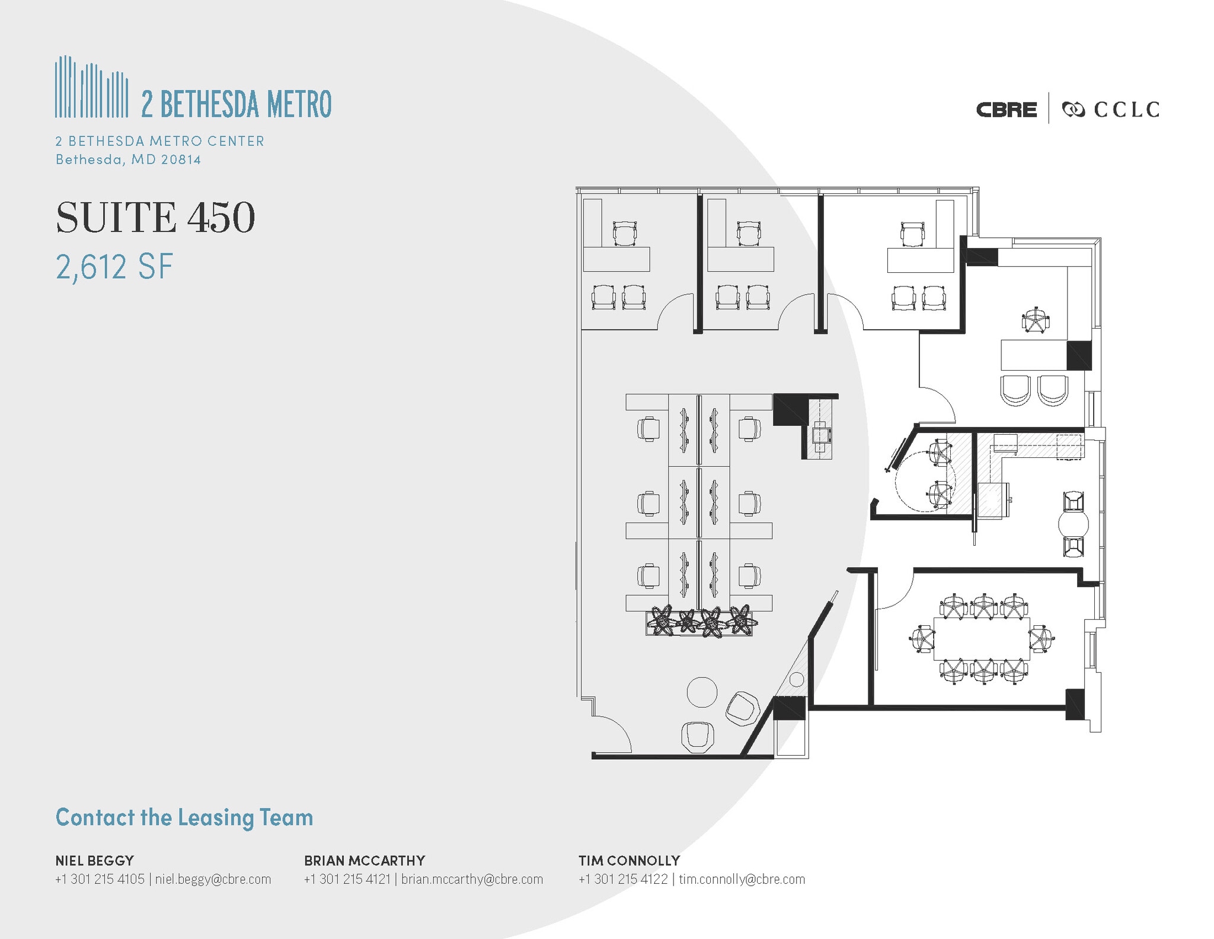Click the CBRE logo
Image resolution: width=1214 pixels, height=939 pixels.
tap(1006, 110)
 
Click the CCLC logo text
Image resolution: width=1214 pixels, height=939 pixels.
tap(1126, 110)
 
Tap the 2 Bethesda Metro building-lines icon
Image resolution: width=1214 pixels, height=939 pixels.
tap(91, 87)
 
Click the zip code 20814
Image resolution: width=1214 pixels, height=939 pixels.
tap(181, 160)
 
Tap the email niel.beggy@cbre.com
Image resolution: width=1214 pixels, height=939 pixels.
tap(213, 879)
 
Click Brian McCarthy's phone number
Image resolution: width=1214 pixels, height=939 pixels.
tap(347, 879)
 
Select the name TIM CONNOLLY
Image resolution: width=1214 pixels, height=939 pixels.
tap(629, 860)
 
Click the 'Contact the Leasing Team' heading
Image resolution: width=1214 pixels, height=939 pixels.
tap(184, 817)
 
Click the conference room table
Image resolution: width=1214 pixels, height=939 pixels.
tap(982, 639)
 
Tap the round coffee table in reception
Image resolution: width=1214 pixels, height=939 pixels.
tap(702, 692)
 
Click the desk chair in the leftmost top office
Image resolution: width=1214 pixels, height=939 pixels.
tap(624, 233)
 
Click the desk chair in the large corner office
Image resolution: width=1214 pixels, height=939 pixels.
tap(1035, 321)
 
